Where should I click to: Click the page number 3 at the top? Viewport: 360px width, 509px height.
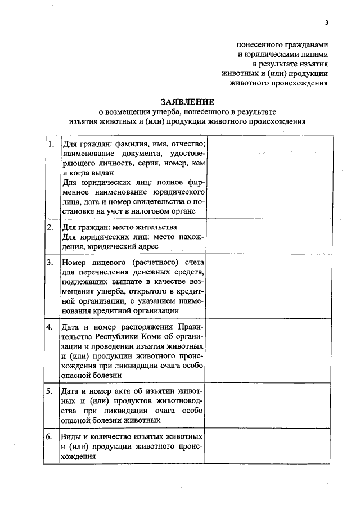[326, 22]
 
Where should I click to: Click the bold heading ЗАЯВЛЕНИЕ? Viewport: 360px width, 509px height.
[187, 102]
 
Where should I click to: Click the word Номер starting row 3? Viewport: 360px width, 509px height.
[73, 262]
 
